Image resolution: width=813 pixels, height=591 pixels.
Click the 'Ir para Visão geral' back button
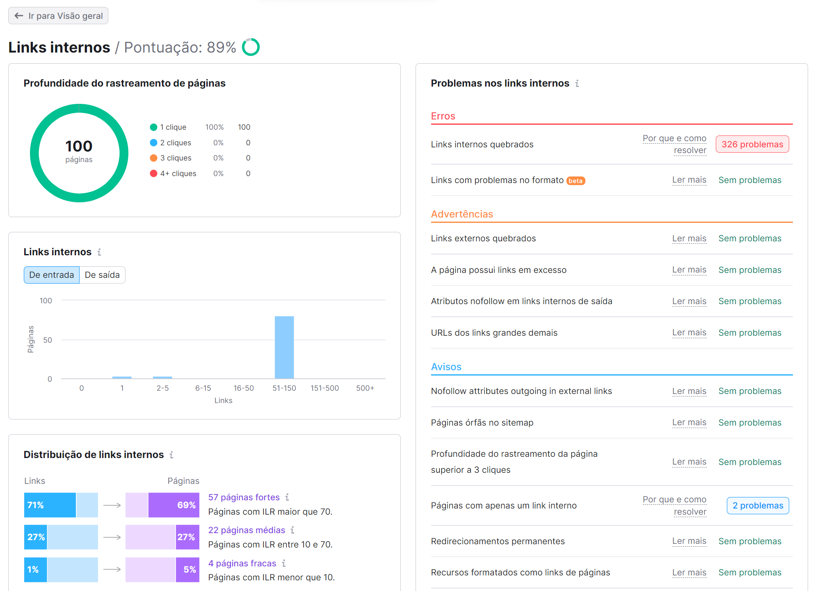(x=58, y=16)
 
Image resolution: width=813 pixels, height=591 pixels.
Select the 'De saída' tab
(x=102, y=275)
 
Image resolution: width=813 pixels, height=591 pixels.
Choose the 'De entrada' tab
(x=52, y=275)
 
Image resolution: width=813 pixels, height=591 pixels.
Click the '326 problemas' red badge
(x=752, y=144)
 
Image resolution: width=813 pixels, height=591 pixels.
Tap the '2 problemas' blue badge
(x=758, y=506)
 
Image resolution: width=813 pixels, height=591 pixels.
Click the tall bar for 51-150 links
(x=284, y=347)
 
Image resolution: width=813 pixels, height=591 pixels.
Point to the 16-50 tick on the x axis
(x=244, y=388)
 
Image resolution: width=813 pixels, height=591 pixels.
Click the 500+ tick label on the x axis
(x=365, y=388)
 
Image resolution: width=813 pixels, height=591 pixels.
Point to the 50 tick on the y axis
(x=48, y=340)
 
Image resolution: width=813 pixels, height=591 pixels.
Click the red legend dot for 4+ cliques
(x=154, y=174)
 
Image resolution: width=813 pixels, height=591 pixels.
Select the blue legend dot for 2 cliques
(x=154, y=143)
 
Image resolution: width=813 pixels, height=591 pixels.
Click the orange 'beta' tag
(x=575, y=181)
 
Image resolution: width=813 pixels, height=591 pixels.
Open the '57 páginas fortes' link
(x=244, y=497)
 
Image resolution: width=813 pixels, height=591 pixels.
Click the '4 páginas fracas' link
(x=242, y=564)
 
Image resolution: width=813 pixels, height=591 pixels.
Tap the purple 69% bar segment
(x=174, y=505)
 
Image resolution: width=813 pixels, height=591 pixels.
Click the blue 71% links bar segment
(x=50, y=505)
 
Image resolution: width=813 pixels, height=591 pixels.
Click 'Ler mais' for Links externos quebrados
(x=689, y=238)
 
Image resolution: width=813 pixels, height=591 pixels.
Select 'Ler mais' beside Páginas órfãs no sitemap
(x=689, y=422)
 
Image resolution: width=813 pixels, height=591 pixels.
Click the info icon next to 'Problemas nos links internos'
(x=577, y=84)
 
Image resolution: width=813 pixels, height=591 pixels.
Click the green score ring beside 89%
(x=251, y=47)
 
